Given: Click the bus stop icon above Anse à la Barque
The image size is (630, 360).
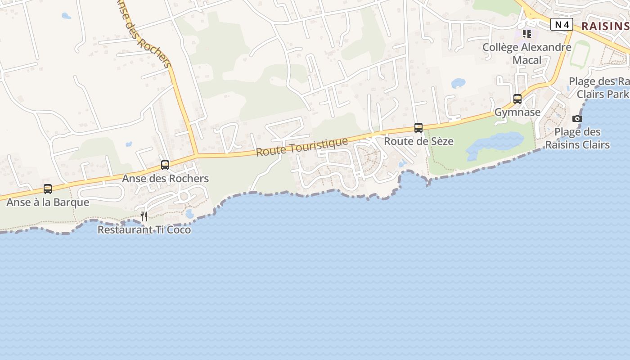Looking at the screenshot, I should pyautogui.click(x=48, y=189).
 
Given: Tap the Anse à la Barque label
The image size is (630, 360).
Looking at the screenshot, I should pyautogui.click(x=48, y=202).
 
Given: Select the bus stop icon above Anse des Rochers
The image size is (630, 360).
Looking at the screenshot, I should pyautogui.click(x=165, y=165).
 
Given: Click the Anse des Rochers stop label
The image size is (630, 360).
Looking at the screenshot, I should pyautogui.click(x=166, y=179).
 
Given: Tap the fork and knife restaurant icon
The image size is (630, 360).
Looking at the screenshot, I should pyautogui.click(x=144, y=216).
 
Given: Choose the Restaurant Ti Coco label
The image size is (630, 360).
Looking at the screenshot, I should pyautogui.click(x=144, y=230).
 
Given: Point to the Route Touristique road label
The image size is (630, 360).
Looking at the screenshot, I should pyautogui.click(x=302, y=147).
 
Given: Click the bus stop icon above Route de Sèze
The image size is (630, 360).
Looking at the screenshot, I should pyautogui.click(x=418, y=128).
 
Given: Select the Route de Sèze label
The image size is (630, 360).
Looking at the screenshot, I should pyautogui.click(x=418, y=141).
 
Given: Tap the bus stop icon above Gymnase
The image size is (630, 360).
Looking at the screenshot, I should pyautogui.click(x=517, y=99).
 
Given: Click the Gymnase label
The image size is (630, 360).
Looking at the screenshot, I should pyautogui.click(x=517, y=112).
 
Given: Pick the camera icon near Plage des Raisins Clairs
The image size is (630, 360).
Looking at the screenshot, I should pyautogui.click(x=577, y=119).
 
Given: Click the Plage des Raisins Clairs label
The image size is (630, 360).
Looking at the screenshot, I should pyautogui.click(x=577, y=138).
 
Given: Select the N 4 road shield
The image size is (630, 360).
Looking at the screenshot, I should pyautogui.click(x=562, y=25).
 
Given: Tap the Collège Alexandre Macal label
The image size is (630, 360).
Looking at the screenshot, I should pyautogui.click(x=527, y=54).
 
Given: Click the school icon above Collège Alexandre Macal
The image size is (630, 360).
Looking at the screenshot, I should pyautogui.click(x=527, y=34).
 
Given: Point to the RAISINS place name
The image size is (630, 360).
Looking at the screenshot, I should pyautogui.click(x=605, y=26).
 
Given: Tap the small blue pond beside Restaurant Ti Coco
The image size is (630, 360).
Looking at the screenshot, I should pyautogui.click(x=189, y=214).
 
